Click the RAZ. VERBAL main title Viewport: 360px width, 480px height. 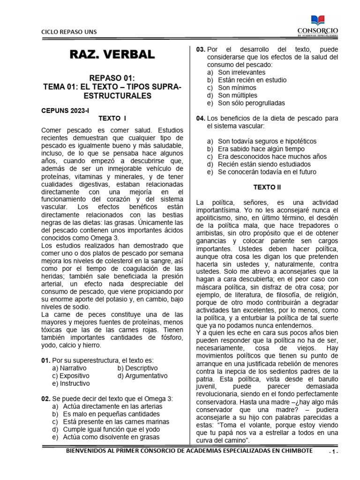click(112, 54)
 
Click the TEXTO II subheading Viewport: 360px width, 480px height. click(267, 187)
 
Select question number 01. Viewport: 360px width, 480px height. click(46, 360)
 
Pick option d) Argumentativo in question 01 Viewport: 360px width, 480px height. click(142, 375)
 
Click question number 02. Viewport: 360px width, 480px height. click(46, 398)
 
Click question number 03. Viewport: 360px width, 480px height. click(201, 49)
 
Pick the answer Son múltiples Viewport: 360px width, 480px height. click(237, 95)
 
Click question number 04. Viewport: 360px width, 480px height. click(201, 118)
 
